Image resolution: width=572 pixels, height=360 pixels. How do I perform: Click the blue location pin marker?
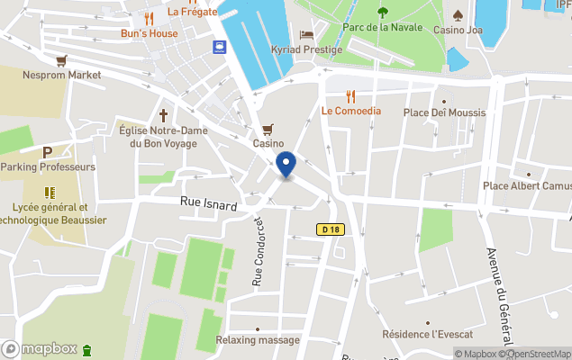pyautogui.click(x=286, y=166)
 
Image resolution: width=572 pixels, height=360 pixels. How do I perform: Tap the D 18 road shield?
pyautogui.click(x=331, y=230)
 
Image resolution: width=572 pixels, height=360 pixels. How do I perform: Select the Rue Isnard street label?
pyautogui.click(x=208, y=206)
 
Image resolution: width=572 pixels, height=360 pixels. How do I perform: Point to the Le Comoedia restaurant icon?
pyautogui.click(x=351, y=95)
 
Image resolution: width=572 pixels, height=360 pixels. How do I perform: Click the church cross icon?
pyautogui.click(x=164, y=115)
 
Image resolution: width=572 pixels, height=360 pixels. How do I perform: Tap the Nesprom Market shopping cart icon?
pyautogui.click(x=61, y=60)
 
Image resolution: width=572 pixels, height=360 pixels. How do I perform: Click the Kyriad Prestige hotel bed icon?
pyautogui.click(x=306, y=35)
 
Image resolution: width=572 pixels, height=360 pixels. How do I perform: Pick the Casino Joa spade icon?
pyautogui.click(x=458, y=14)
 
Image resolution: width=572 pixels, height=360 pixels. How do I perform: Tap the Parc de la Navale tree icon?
pyautogui.click(x=383, y=12)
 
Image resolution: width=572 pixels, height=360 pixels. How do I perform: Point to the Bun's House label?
pyautogui.click(x=150, y=33)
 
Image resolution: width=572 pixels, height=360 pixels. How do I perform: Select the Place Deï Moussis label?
pyautogui.click(x=444, y=112)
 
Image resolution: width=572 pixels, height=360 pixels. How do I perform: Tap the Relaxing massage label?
pyautogui.click(x=258, y=340)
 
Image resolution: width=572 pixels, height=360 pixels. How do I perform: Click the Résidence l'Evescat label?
pyautogui.click(x=428, y=334)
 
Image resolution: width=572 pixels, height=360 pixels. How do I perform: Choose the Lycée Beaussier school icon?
pyautogui.click(x=50, y=192)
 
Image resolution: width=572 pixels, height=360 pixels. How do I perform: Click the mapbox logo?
pyautogui.click(x=40, y=348)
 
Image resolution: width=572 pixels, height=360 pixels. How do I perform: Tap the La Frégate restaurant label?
pyautogui.click(x=193, y=12)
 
